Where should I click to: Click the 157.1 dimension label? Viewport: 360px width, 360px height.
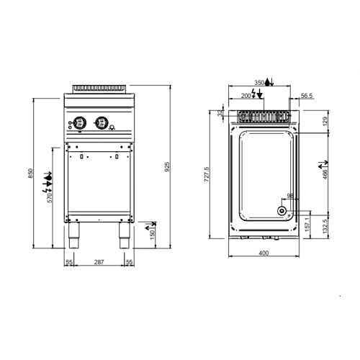click(x=308, y=222)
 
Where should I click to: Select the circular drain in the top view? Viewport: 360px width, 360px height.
click(x=281, y=212)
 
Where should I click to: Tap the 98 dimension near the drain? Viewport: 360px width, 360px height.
click(x=289, y=195)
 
